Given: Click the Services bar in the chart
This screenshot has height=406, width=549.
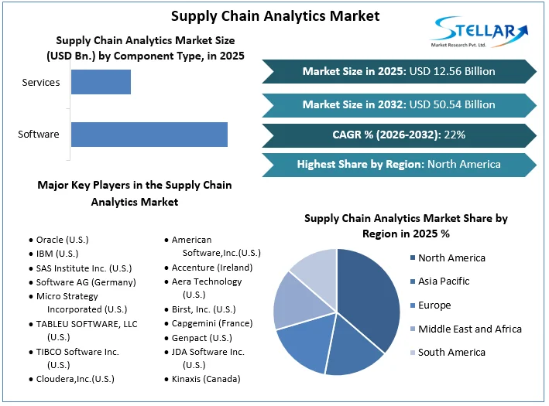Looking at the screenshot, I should [101, 82].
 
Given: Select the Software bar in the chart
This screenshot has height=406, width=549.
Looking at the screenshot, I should [149, 134].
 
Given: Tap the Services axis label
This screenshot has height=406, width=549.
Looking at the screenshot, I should [41, 82].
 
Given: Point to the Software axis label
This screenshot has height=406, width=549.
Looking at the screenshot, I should [39, 134].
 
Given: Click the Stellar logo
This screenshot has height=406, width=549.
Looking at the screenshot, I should [479, 32].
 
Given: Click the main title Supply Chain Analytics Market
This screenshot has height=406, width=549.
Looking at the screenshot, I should [275, 15].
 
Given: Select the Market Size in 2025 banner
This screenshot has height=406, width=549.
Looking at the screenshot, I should [398, 71].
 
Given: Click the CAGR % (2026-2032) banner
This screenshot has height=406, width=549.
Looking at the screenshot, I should [398, 135].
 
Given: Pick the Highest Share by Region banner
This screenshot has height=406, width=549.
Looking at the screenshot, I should [398, 164].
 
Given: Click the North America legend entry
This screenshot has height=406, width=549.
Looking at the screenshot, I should [451, 258].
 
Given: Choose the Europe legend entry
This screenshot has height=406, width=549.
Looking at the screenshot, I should [434, 305].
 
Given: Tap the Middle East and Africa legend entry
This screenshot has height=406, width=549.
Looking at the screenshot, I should [469, 329].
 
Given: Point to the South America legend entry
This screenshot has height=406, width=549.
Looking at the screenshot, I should [451, 353].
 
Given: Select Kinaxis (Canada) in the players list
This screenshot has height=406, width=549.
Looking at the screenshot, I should [205, 379].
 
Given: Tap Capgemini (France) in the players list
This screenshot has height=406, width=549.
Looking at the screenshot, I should [212, 324].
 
